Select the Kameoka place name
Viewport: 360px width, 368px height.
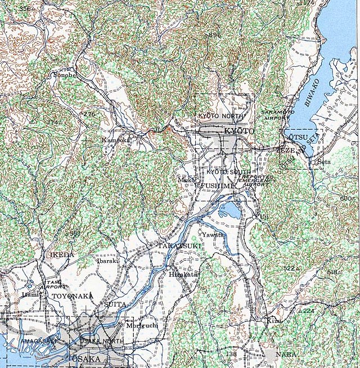click(x=115, y=139)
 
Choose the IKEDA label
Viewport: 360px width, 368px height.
click(x=62, y=255)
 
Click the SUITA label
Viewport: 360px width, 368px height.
click(x=115, y=304)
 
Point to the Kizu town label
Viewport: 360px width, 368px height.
click(x=274, y=320)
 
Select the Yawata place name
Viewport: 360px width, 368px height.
click(x=213, y=234)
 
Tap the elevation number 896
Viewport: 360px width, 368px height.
click(x=214, y=35)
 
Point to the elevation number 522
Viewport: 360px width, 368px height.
click(x=289, y=268)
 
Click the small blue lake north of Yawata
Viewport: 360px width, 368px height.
click(x=231, y=211)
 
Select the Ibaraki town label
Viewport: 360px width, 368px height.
click(x=108, y=261)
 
